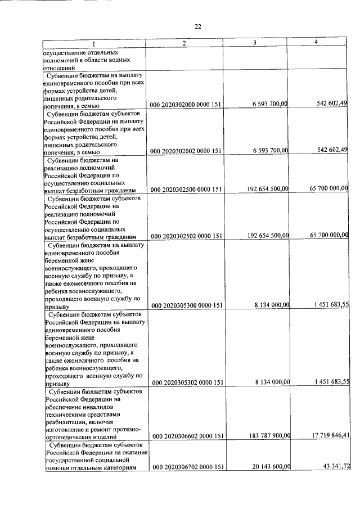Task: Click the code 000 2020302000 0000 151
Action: [x=188, y=105]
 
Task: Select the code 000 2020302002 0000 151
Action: [x=188, y=151]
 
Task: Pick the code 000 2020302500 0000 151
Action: [x=188, y=190]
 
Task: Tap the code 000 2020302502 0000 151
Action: [x=188, y=236]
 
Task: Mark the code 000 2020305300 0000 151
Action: [x=188, y=305]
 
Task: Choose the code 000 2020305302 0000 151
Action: [x=188, y=382]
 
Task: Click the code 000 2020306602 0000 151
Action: [x=188, y=436]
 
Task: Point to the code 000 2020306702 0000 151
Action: [x=188, y=467]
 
